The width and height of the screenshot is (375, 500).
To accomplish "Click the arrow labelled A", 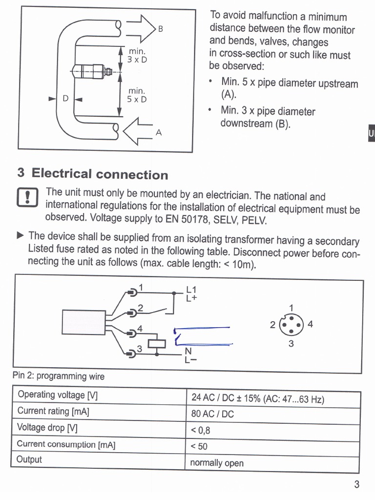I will [x=139, y=131].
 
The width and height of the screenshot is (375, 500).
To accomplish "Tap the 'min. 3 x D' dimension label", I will [x=137, y=55].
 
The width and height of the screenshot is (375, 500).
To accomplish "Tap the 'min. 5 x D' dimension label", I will [x=137, y=95].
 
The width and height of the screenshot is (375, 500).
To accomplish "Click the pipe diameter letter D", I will [x=65, y=99].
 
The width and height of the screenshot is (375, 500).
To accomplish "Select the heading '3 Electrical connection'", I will [x=92, y=174].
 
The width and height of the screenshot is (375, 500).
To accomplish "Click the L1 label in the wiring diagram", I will [x=191, y=289].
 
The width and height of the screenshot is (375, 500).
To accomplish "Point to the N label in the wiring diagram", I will [x=188, y=352].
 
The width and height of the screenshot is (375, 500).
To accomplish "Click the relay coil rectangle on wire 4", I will [x=156, y=342].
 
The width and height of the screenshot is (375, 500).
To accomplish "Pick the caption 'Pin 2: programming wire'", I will [x=59, y=376].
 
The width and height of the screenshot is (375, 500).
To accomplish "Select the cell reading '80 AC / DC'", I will [x=212, y=415].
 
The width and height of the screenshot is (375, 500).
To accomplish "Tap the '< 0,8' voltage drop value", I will [x=201, y=430].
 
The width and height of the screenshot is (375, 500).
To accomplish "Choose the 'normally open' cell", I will [x=216, y=463].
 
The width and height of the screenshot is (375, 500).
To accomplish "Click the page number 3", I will [x=356, y=485].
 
